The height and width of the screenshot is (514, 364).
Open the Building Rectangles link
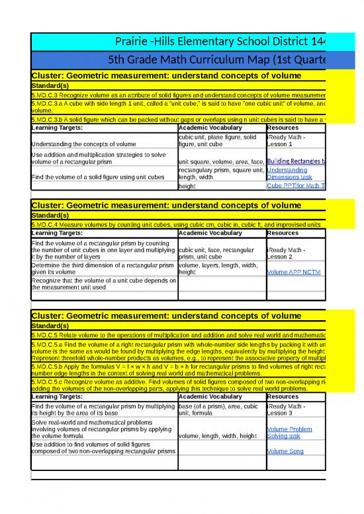coord(296,161)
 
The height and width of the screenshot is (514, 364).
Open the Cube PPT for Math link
coord(296,186)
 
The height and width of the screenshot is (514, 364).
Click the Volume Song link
coord(285,451)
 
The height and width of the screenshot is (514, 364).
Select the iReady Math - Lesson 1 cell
coord(286,140)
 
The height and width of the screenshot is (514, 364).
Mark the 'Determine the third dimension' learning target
coord(103,269)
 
